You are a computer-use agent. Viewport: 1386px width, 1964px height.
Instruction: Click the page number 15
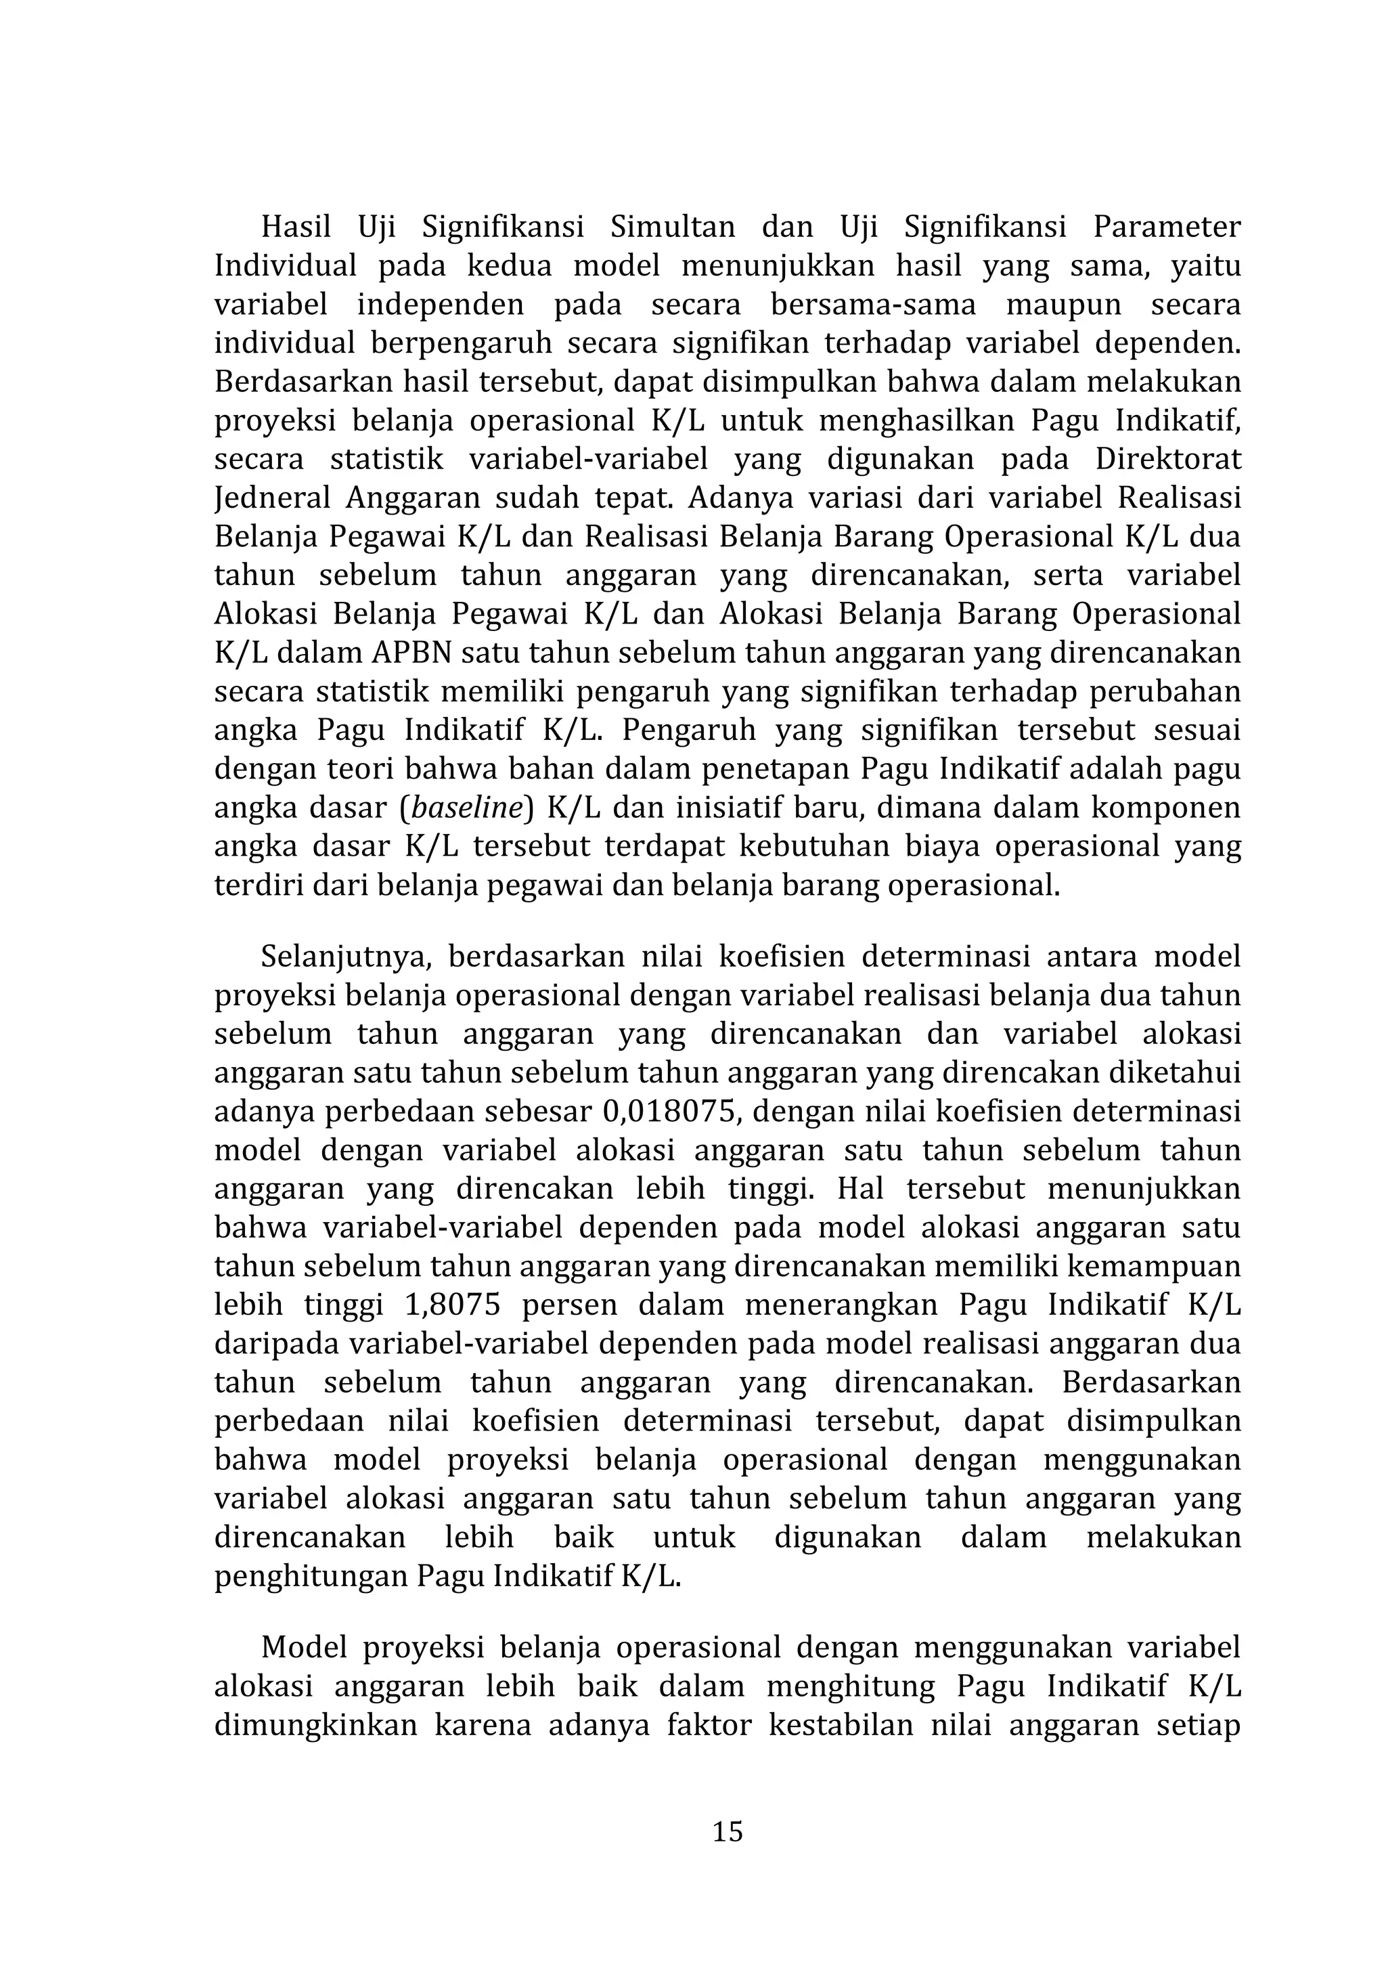[x=728, y=1831]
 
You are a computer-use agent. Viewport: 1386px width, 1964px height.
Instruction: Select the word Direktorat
[x=1167, y=460]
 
